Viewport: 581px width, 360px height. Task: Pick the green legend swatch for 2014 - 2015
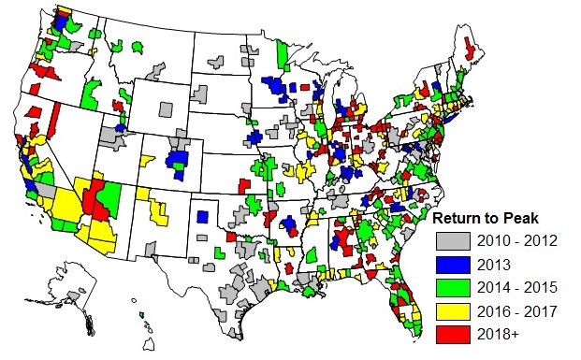(453, 289)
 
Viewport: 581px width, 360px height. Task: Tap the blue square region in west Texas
(203, 216)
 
